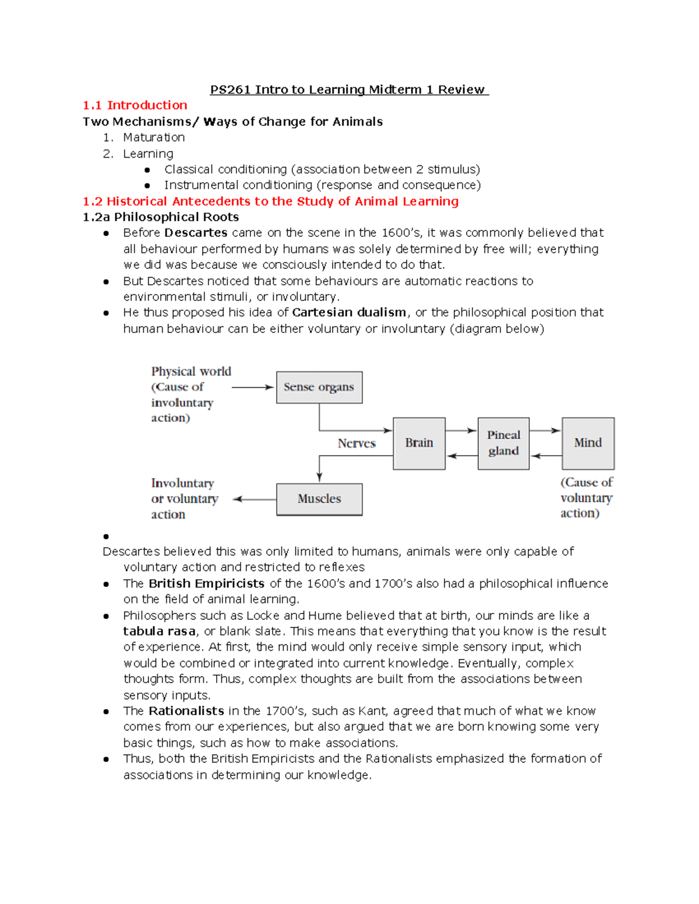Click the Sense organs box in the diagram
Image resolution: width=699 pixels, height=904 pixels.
(x=319, y=387)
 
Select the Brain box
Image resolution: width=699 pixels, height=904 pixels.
(x=419, y=443)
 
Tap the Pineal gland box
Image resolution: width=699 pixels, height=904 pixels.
(x=503, y=443)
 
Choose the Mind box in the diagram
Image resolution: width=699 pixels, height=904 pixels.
(x=588, y=443)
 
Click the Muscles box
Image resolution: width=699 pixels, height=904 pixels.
(x=319, y=499)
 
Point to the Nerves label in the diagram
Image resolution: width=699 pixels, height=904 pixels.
(x=356, y=444)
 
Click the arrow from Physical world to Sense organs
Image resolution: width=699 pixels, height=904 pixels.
(x=252, y=387)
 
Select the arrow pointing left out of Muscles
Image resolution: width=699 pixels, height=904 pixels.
(x=255, y=499)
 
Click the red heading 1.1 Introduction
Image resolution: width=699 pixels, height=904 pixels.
(x=135, y=105)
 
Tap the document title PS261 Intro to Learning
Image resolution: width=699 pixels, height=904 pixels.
(x=348, y=90)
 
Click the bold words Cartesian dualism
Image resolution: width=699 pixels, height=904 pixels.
(x=349, y=313)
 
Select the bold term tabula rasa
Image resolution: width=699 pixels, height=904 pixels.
(x=159, y=632)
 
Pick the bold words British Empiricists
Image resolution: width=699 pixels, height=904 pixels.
(x=206, y=584)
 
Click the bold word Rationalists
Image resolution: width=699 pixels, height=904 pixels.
(x=186, y=711)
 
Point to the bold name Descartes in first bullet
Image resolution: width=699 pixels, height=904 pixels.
(x=196, y=233)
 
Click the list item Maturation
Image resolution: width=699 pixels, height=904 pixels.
(x=154, y=137)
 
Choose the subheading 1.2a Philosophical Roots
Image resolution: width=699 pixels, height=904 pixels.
(x=161, y=217)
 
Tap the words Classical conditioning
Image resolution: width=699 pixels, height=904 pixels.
(x=225, y=169)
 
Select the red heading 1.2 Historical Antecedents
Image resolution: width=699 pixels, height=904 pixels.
(x=270, y=201)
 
